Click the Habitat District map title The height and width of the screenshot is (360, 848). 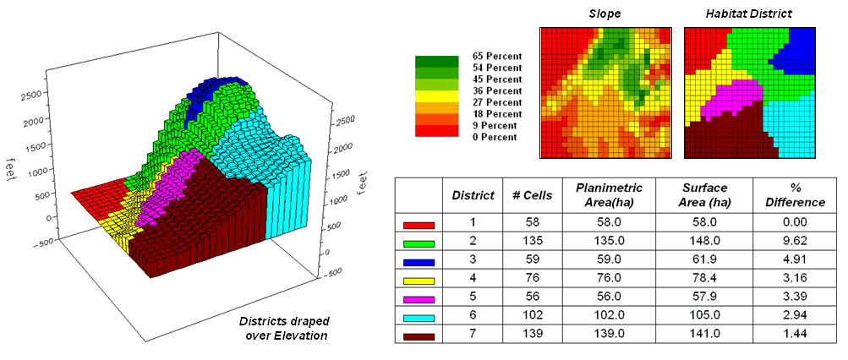(x=749, y=15)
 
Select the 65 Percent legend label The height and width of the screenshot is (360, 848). (x=496, y=56)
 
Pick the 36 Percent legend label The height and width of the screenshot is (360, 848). (x=496, y=90)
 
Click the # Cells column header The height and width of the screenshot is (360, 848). (x=532, y=195)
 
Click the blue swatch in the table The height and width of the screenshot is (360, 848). (x=419, y=262)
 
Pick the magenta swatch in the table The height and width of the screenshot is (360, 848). (x=419, y=299)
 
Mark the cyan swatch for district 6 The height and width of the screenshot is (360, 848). (x=419, y=318)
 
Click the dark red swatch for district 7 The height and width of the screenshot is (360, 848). (x=419, y=336)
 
